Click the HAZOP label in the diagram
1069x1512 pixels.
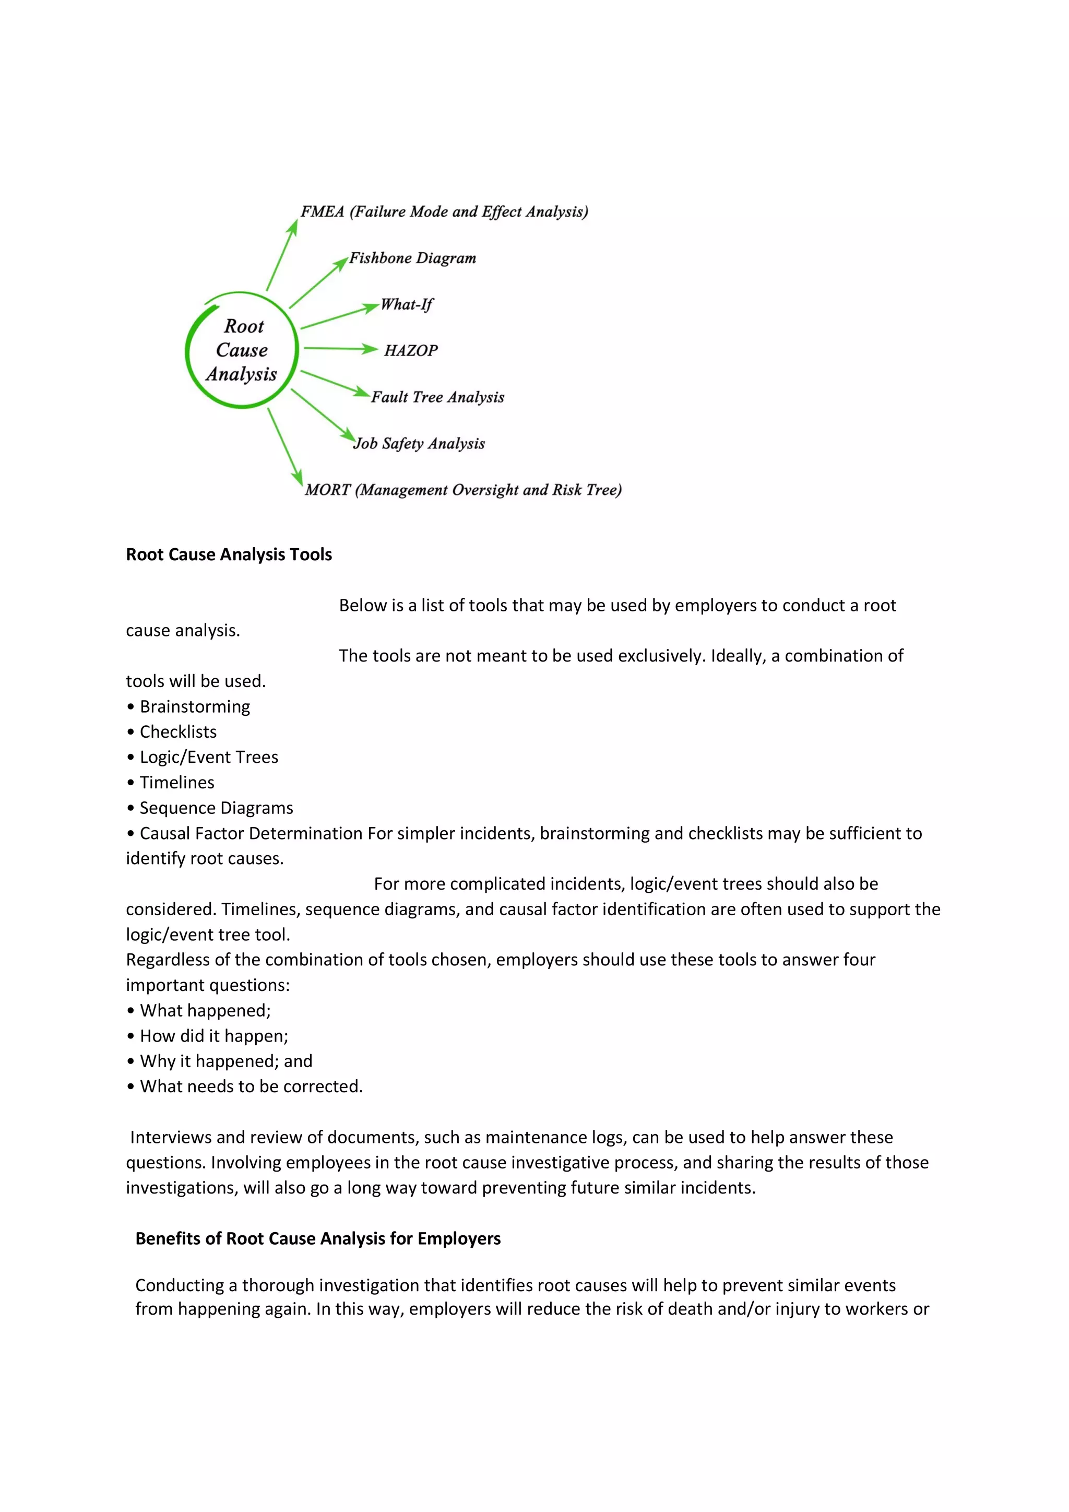[x=411, y=350]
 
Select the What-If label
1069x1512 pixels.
[x=407, y=304]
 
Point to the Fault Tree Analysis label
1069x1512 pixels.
[x=438, y=397]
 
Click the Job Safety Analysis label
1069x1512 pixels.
[x=419, y=443]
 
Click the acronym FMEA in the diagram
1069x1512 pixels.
[x=323, y=211]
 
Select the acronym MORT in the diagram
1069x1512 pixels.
[x=328, y=490]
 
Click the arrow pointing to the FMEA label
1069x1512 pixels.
[x=282, y=255]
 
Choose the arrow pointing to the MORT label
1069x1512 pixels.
[x=285, y=446]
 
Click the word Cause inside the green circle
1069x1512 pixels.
[x=242, y=350]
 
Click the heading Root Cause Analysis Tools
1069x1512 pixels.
[x=229, y=554]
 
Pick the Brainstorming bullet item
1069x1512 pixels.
[x=195, y=706]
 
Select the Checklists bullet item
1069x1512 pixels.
[x=177, y=731]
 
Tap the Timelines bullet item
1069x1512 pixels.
[x=176, y=782]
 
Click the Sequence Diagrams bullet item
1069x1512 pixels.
[x=216, y=808]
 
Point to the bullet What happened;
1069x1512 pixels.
[x=205, y=1010]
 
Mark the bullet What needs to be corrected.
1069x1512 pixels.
[x=251, y=1086]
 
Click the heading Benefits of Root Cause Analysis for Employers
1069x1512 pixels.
[x=318, y=1239]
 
